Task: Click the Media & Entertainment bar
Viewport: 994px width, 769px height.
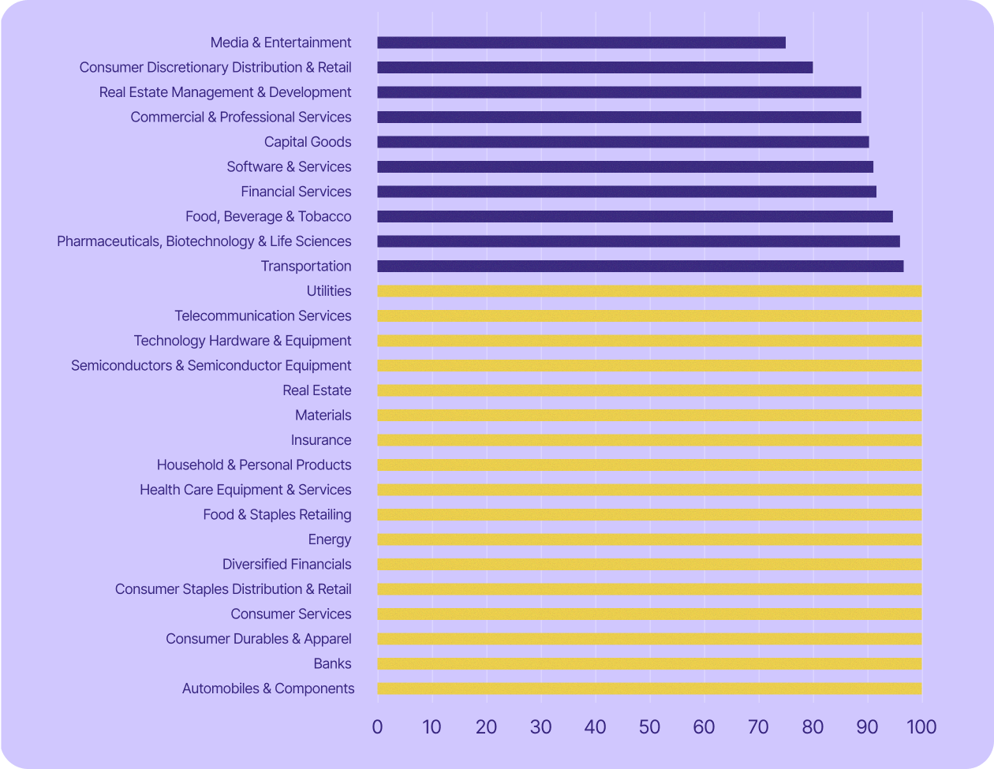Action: click(x=581, y=43)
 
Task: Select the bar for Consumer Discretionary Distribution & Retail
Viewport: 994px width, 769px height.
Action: click(x=595, y=68)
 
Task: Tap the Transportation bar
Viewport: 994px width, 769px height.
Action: click(x=641, y=267)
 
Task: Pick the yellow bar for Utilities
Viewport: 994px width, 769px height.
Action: click(x=649, y=291)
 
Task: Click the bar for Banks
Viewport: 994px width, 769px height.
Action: click(x=649, y=664)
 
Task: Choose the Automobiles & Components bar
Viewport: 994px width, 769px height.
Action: click(x=649, y=689)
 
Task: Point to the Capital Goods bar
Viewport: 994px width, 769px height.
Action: click(x=623, y=142)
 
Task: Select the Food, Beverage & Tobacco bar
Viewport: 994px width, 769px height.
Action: click(x=635, y=217)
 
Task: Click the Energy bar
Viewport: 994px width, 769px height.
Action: click(x=649, y=539)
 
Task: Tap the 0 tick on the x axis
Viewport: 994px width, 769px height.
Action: click(x=377, y=726)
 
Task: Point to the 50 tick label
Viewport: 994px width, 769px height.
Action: click(x=649, y=726)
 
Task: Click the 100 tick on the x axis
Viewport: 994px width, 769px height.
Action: click(x=921, y=726)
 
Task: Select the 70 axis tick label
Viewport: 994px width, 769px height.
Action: click(x=758, y=726)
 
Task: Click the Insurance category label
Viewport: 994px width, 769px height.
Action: click(x=321, y=440)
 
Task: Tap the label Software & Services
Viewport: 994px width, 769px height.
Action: click(x=289, y=166)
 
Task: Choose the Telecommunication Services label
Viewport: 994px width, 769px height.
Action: click(x=263, y=316)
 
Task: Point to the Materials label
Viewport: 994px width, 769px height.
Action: click(x=323, y=416)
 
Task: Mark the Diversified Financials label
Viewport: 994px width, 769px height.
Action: click(x=286, y=565)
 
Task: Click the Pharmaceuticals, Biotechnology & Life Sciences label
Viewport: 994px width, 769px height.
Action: click(x=204, y=241)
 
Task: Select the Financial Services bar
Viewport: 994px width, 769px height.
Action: click(x=626, y=192)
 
